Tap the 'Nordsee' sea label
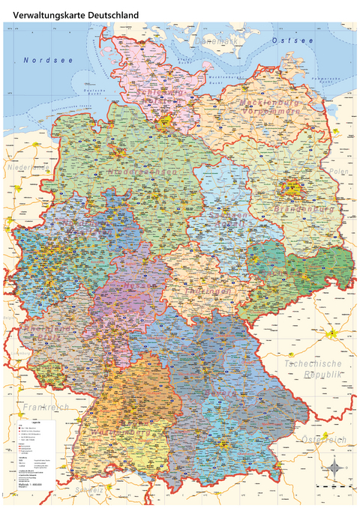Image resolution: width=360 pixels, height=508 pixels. (x=48, y=59)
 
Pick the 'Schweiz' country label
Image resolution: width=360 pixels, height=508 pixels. (x=85, y=489)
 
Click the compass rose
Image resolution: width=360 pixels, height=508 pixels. (x=335, y=469)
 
